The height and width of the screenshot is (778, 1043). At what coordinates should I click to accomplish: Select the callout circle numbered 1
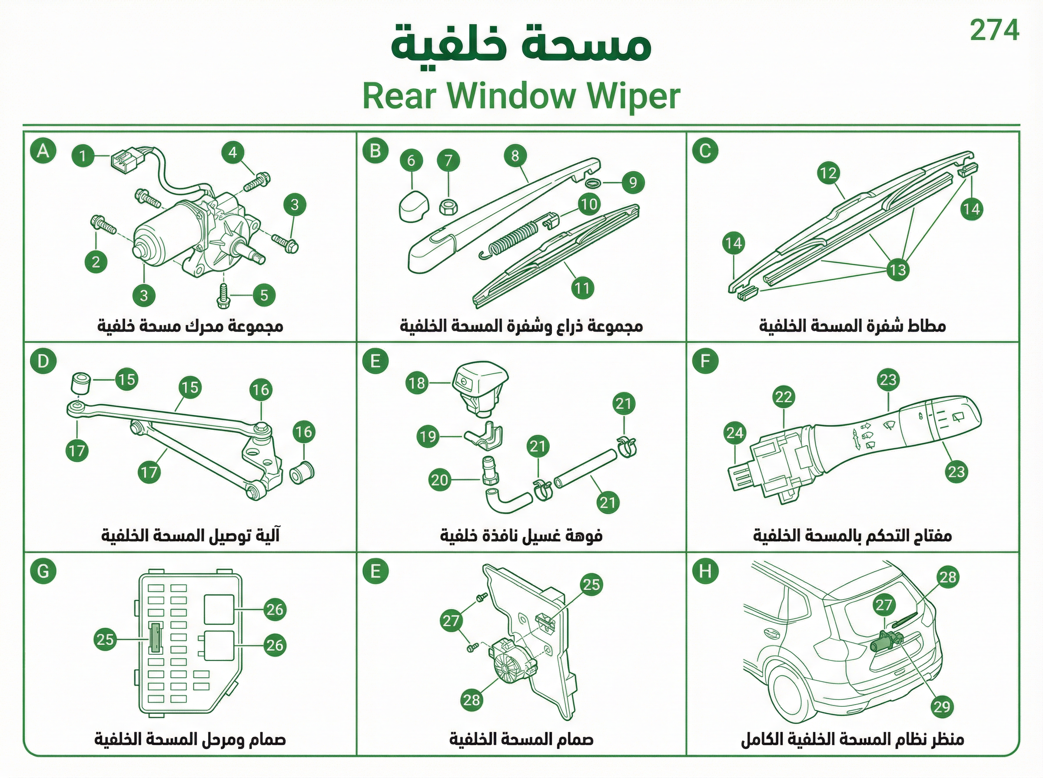[83, 155]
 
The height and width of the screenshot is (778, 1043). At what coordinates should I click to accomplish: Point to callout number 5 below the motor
[264, 295]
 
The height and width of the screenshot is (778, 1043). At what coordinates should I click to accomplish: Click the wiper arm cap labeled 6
[413, 205]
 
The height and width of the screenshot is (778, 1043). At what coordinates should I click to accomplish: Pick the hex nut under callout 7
[446, 207]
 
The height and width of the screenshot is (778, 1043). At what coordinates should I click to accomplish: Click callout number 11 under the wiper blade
[582, 288]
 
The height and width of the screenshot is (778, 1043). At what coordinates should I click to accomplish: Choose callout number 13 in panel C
[897, 270]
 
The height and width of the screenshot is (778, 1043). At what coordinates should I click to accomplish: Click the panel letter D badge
[43, 361]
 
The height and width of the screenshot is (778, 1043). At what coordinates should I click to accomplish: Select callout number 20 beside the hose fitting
[439, 480]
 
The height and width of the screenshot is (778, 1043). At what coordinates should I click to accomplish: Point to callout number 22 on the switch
[783, 397]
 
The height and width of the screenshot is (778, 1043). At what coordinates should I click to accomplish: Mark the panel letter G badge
[43, 571]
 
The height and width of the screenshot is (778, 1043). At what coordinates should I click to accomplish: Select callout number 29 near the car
[942, 706]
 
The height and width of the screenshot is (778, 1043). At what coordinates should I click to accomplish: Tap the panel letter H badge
[705, 571]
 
